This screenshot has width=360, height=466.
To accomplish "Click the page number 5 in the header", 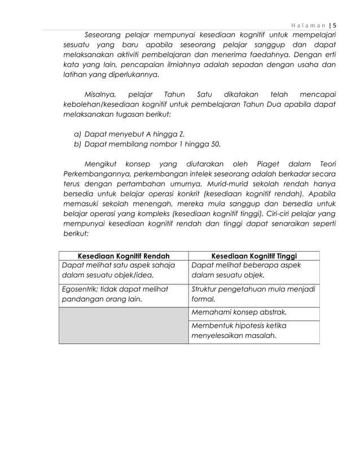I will pos(333,25).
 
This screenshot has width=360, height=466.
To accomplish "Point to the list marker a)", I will pos(78,133).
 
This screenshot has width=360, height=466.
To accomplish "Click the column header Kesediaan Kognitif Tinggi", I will pos(254,256).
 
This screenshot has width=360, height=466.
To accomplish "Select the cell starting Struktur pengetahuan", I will pos(254,294).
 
